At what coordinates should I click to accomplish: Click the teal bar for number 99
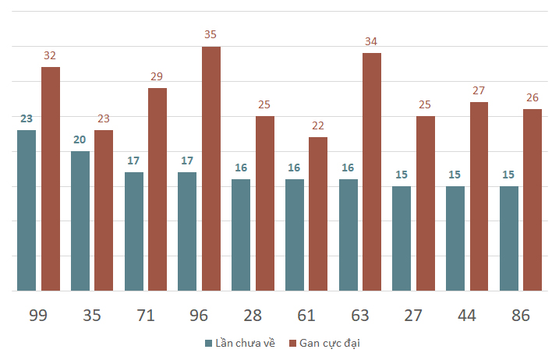pyautogui.click(x=27, y=210)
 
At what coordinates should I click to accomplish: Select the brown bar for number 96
pyautogui.click(x=211, y=168)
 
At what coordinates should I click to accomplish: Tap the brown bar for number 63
pyautogui.click(x=372, y=171)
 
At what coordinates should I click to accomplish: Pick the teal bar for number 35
pyautogui.click(x=80, y=221)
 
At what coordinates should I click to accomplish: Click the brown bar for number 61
pyautogui.click(x=318, y=214)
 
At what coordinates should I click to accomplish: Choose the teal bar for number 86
pyautogui.click(x=509, y=238)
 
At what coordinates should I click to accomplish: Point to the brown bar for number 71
pyautogui.click(x=157, y=189)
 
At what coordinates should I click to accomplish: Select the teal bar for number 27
pyautogui.click(x=402, y=238)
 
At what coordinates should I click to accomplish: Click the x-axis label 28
pyautogui.click(x=253, y=316)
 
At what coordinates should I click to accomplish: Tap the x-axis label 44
pyautogui.click(x=467, y=316)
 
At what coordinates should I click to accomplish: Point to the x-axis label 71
pyautogui.click(x=146, y=316)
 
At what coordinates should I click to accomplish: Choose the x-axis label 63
pyautogui.click(x=360, y=316)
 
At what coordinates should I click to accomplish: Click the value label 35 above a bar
pyautogui.click(x=211, y=35)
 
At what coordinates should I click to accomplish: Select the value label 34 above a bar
pyautogui.click(x=372, y=41)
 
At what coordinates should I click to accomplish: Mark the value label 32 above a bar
pyautogui.click(x=51, y=55)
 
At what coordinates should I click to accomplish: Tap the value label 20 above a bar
pyautogui.click(x=80, y=139)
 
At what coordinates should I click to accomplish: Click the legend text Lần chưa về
pyautogui.click(x=245, y=343)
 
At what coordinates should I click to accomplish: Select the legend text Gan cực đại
pyautogui.click(x=330, y=343)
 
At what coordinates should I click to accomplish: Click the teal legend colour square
pyautogui.click(x=208, y=343)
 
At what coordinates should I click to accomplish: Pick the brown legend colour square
pyautogui.click(x=292, y=343)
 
